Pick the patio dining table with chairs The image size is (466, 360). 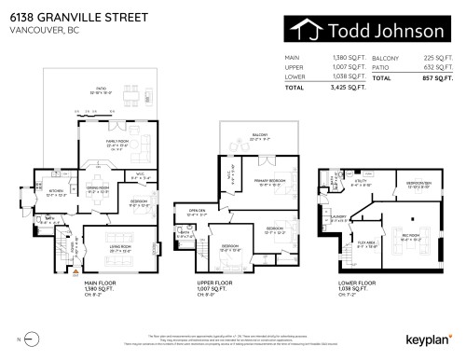point(137,98)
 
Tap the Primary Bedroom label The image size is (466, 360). point(268,181)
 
